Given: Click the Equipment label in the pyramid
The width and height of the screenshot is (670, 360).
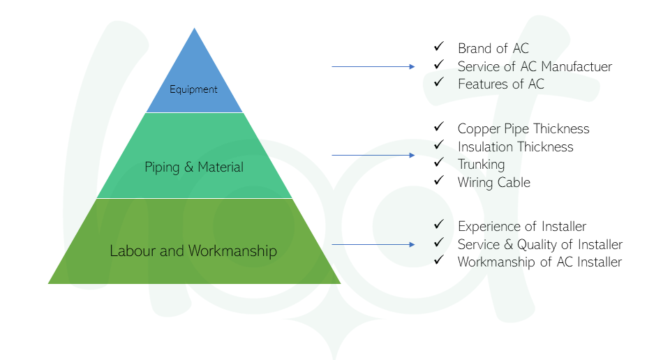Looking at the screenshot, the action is pos(193,89).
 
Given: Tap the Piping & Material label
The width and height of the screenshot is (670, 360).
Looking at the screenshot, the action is pos(194,167).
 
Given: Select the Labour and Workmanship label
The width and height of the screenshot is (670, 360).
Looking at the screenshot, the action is pos(193,250).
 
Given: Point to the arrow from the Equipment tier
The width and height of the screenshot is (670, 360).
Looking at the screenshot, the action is pos(373,66).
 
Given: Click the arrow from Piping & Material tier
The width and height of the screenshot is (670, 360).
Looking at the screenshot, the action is pos(373,155).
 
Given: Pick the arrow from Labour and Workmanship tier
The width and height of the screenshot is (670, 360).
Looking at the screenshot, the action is pos(373,244).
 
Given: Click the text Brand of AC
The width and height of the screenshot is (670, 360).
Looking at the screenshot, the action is pos(493,48).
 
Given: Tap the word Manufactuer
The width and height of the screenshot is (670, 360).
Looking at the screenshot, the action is pos(576,66).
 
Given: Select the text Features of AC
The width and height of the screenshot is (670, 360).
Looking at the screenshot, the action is pos(501,84).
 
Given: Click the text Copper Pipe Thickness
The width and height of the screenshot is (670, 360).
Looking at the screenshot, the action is pos(523,128).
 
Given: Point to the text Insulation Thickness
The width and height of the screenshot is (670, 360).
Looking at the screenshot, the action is pos(515,147).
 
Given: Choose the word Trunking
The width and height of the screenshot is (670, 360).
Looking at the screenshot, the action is pos(481,165).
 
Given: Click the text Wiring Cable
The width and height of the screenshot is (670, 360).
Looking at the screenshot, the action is pos(494,183).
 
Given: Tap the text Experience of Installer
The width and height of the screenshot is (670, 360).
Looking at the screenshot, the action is pos(522,226).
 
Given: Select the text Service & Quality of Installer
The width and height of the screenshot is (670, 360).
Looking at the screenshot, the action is pos(540,245).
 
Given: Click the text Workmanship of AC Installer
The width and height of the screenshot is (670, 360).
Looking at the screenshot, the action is pos(539,262).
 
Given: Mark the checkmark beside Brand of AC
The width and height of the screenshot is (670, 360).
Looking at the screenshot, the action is pos(439,46).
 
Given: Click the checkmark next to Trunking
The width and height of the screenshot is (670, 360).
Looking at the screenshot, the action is pos(439,163).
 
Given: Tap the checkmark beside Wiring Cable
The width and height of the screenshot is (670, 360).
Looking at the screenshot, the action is pos(439,180).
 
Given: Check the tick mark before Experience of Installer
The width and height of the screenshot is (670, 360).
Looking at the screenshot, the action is pos(439,224).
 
